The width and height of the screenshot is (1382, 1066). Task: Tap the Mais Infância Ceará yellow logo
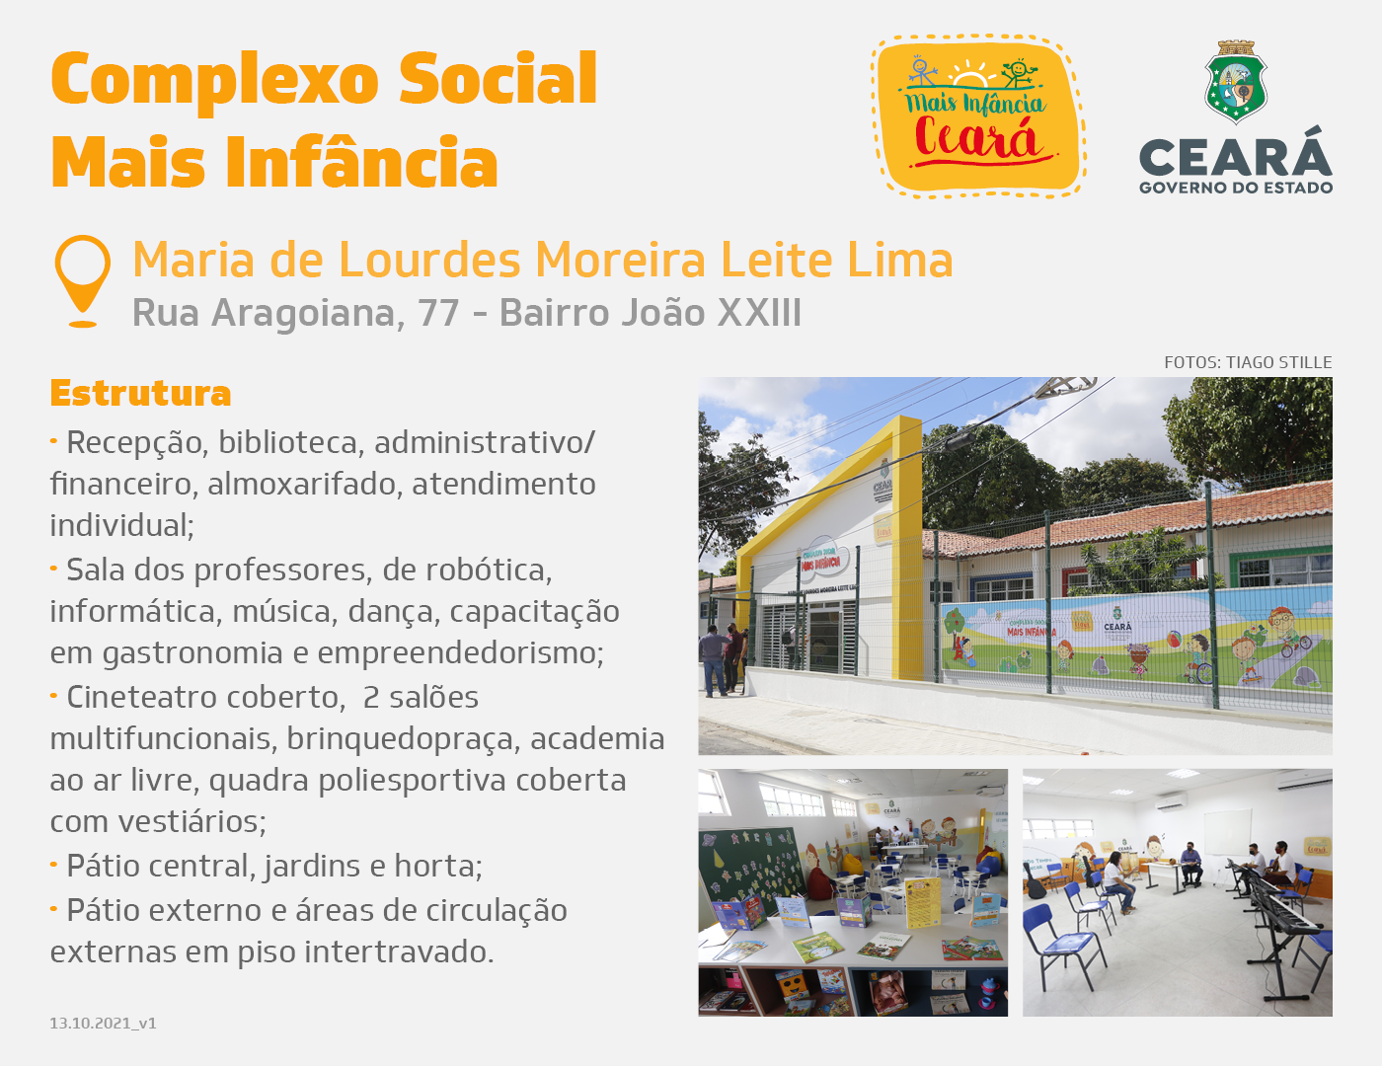(x=977, y=115)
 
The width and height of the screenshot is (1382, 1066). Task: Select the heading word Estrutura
(x=140, y=393)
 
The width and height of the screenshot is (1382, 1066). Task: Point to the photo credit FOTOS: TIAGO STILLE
(x=1248, y=362)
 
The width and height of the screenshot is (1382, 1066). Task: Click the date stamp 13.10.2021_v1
(x=103, y=1023)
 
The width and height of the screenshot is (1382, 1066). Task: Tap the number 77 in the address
(x=438, y=313)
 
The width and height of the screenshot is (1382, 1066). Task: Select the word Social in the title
(x=498, y=79)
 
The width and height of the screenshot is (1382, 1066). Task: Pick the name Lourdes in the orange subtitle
(x=429, y=260)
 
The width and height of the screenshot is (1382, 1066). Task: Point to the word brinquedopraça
(x=403, y=739)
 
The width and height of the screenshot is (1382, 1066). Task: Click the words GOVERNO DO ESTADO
(x=1236, y=188)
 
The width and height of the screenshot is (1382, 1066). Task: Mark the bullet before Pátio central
(x=54, y=865)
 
